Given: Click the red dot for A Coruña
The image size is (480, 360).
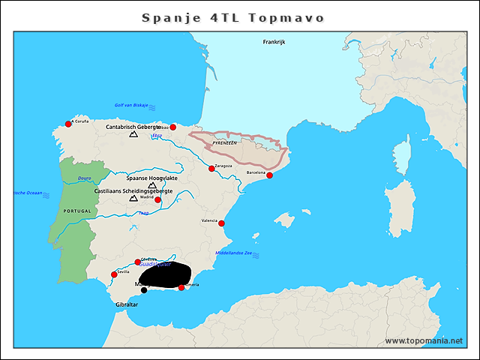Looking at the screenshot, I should [x=68, y=124].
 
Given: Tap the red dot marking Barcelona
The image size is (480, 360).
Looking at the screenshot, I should [x=269, y=175].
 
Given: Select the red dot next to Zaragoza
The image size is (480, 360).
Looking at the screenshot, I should [x=211, y=169].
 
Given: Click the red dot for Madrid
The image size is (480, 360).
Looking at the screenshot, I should [x=157, y=199].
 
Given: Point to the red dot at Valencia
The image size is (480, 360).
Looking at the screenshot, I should [x=221, y=223].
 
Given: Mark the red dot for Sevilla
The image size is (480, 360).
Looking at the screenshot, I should [x=114, y=274].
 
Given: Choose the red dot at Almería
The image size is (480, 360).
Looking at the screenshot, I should [x=181, y=288].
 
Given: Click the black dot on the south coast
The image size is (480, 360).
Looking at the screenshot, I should [x=144, y=290].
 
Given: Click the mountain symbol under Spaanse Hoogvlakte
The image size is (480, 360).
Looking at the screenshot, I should [x=152, y=184].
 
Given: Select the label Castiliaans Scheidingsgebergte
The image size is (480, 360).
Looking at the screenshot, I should [x=133, y=191].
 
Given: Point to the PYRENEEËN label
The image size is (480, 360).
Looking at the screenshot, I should [x=224, y=142].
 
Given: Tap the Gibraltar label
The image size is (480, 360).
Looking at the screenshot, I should [x=127, y=305].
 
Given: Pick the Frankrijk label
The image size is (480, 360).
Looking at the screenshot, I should [x=274, y=42].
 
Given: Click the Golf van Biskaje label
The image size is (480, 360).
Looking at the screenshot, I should [x=131, y=105].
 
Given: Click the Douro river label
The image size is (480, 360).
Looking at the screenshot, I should [x=84, y=178].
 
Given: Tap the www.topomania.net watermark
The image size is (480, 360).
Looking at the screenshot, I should [x=424, y=340].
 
